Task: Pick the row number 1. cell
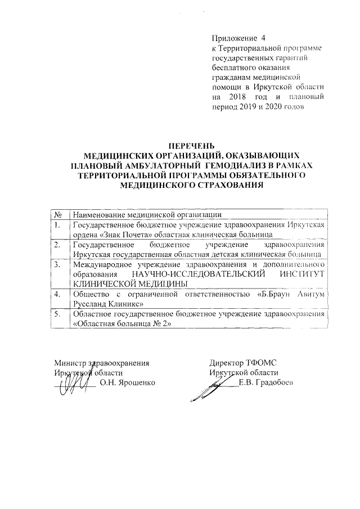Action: (58, 225)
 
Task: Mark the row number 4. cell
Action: (58, 294)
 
